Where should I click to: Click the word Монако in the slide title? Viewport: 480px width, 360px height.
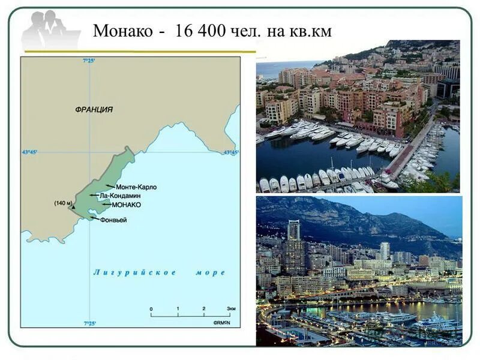123,31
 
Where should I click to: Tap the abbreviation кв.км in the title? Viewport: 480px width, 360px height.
310,31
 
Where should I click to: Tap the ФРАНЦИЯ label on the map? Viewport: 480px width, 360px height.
94,110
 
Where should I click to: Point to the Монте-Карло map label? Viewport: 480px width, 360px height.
136,187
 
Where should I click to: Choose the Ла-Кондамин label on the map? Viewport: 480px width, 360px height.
123,196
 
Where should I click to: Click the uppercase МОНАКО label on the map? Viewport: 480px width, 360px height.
126,205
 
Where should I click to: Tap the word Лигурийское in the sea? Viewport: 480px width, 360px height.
135,272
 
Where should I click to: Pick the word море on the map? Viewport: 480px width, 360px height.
210,272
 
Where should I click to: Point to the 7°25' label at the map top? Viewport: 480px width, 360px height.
89,61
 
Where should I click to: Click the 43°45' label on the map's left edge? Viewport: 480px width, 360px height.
29,152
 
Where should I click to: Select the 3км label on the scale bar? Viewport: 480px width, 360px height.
231,308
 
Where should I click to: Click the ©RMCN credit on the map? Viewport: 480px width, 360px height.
223,322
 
